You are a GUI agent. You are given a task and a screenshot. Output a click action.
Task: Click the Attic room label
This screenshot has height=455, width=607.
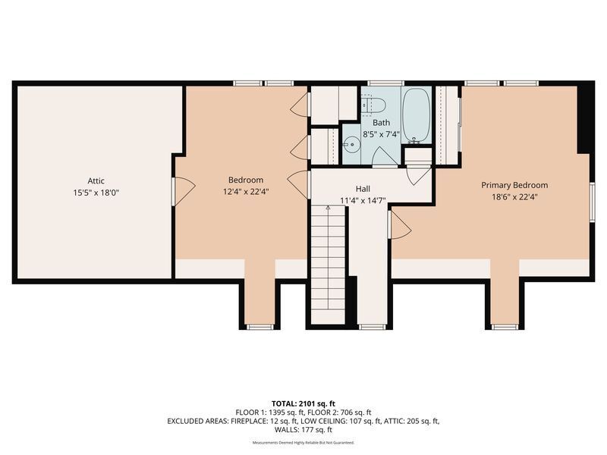click(x=96, y=180)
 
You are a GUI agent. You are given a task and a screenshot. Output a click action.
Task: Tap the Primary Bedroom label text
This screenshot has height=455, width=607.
click(x=514, y=185)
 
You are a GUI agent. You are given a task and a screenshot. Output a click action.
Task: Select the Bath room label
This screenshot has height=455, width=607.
click(x=382, y=123)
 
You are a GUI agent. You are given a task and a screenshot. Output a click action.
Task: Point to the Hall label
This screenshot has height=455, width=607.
click(x=363, y=189)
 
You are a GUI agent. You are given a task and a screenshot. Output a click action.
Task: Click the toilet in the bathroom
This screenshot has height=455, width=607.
click(x=374, y=105)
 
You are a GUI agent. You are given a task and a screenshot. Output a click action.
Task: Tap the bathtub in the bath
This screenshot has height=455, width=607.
click(x=416, y=115)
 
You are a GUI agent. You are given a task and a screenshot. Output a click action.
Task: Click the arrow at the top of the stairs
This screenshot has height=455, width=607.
click(x=328, y=208)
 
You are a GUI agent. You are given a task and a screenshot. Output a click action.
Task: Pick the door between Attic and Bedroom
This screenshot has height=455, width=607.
click(x=183, y=192)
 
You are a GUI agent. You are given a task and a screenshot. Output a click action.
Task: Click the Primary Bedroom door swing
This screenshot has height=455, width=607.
click(x=400, y=225)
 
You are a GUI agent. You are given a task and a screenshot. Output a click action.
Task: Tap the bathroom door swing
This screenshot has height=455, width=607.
click(x=385, y=158)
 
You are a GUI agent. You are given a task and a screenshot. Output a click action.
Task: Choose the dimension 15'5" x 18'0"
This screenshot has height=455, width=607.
click(x=96, y=193)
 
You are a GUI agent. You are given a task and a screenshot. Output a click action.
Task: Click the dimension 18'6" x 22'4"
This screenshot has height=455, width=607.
click(x=514, y=197)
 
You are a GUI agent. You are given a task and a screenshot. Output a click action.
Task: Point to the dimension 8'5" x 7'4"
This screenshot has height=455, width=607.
click(x=382, y=135)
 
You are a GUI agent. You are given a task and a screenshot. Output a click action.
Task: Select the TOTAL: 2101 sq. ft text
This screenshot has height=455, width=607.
click(x=303, y=404)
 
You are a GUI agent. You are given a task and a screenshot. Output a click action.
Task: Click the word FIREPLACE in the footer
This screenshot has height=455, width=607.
click(x=248, y=421)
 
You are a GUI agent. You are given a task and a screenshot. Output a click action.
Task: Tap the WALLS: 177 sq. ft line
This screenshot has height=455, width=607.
click(x=303, y=429)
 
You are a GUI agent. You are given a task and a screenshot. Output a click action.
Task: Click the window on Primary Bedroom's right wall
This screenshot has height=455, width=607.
click(x=593, y=202)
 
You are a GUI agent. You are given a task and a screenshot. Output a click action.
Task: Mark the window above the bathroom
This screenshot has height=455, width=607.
click(x=385, y=83)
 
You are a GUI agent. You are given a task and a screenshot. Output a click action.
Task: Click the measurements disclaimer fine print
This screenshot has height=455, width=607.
click(x=303, y=442)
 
